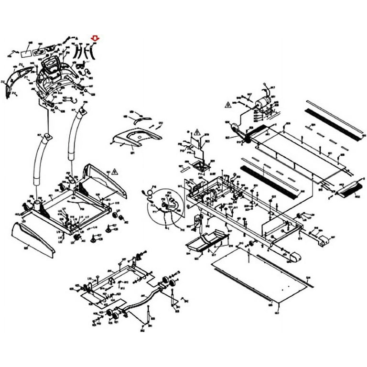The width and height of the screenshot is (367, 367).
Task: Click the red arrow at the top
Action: tap(95, 37)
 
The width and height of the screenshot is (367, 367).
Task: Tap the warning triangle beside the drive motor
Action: tap(228, 104)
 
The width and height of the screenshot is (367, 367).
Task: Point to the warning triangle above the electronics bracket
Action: tap(196, 131)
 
